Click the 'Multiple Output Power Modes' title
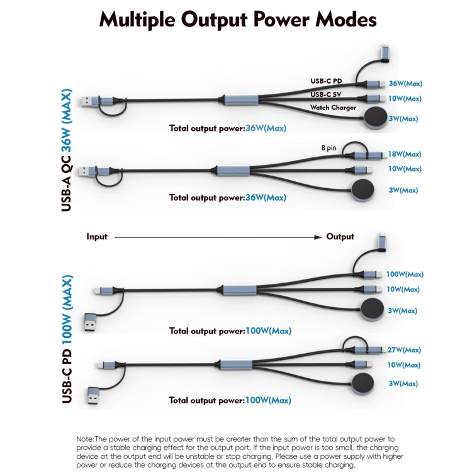click(x=238, y=20)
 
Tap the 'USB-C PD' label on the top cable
click(x=327, y=81)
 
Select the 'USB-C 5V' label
click(x=326, y=94)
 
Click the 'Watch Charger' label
click(x=333, y=108)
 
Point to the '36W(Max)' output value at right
click(x=405, y=83)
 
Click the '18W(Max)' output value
click(x=405, y=154)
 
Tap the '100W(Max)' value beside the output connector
click(x=405, y=274)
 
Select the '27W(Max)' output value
click(x=404, y=350)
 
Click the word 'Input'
click(x=97, y=237)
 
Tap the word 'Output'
click(x=340, y=237)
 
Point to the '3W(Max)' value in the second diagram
click(x=403, y=190)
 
